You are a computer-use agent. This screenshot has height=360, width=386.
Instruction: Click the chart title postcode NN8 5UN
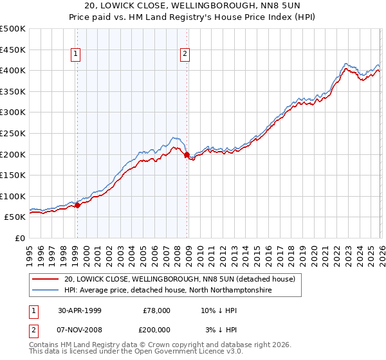290,5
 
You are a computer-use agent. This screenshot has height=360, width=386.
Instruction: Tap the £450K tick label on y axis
13,50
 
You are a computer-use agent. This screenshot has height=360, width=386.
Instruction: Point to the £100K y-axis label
13,196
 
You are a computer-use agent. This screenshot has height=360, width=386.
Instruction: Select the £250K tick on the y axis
13,133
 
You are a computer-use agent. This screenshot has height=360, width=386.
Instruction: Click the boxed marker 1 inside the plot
76,54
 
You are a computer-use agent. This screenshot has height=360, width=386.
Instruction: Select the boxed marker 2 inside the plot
185,54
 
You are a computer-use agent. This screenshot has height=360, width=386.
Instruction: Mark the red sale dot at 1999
78,205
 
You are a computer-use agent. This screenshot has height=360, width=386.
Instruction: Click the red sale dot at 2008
187,155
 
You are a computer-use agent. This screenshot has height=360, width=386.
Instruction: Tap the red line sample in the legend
46,279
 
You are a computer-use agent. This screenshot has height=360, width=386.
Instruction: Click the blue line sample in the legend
46,291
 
